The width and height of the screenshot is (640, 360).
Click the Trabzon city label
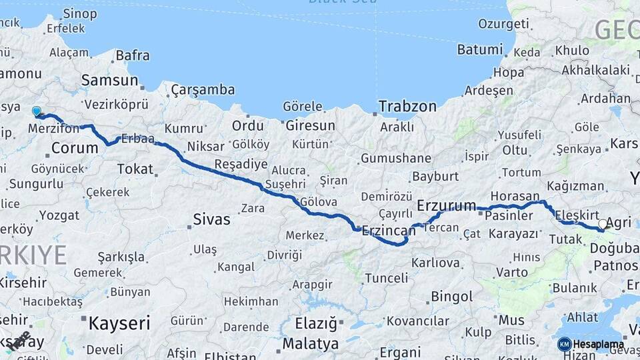coord(407,107)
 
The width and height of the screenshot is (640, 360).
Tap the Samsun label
coord(109,81)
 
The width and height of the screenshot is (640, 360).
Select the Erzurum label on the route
coord(446,205)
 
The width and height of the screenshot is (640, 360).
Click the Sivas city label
coord(211,219)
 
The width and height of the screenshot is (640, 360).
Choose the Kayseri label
coord(119,324)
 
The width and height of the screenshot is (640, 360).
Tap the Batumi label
coord(479,49)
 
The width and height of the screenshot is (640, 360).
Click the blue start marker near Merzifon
coord(37,112)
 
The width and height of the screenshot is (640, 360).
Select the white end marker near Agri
coord(603,225)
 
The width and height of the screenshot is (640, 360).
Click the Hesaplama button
coord(598,345)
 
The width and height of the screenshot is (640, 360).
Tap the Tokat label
coord(135,169)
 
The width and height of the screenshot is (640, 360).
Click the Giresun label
coord(310,125)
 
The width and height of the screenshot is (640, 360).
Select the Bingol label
coord(452,297)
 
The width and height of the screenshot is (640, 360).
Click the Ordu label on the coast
coord(247,125)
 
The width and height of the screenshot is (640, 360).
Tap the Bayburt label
coord(435,177)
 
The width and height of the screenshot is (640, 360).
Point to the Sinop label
coord(79,13)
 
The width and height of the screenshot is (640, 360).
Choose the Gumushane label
coord(395,158)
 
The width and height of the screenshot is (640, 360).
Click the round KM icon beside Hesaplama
coord(564,345)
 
